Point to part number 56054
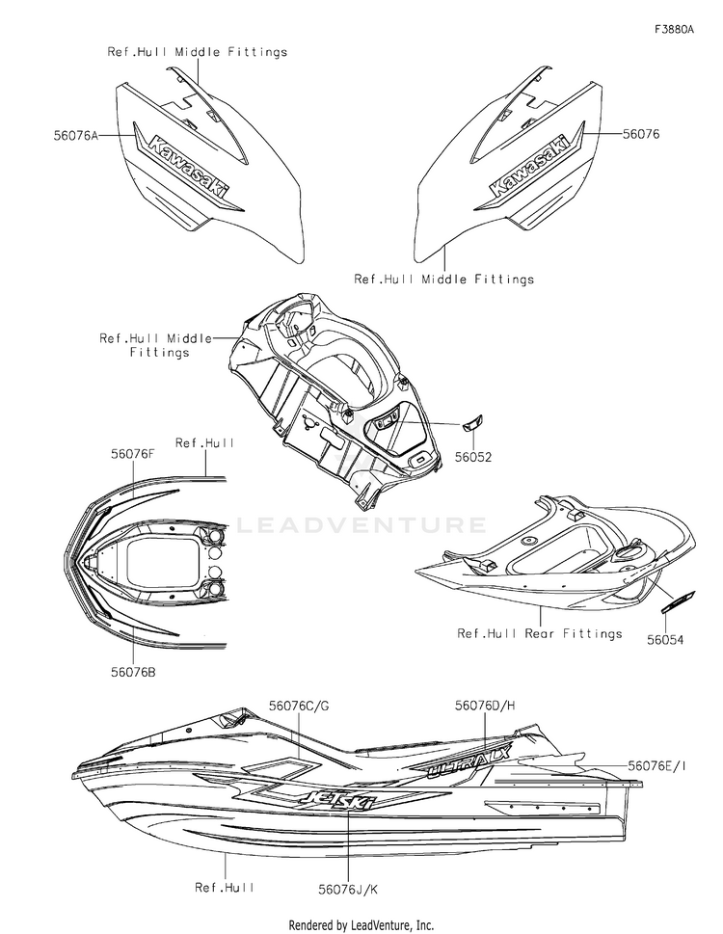(667, 638)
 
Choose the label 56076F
(133, 452)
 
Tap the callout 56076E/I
(658, 764)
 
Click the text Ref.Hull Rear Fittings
(539, 633)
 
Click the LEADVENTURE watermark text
(361, 525)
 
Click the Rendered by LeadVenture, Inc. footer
(361, 924)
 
